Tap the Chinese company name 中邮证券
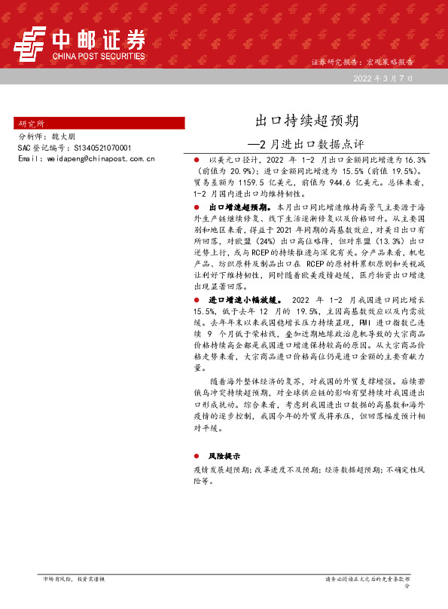click(x=98, y=38)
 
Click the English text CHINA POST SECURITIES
click(x=98, y=56)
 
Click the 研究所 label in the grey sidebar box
click(x=32, y=123)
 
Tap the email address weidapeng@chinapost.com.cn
click(x=96, y=159)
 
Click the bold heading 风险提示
click(x=224, y=456)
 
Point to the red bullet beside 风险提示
click(x=196, y=456)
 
